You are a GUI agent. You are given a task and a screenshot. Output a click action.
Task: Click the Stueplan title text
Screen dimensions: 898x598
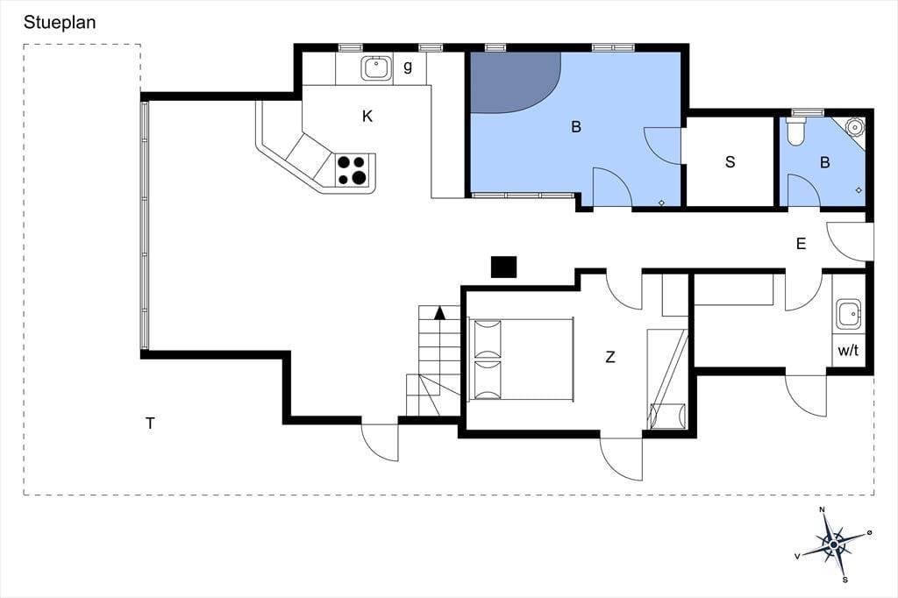tap(60, 23)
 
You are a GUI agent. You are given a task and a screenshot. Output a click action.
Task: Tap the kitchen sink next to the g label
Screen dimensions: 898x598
tap(375, 68)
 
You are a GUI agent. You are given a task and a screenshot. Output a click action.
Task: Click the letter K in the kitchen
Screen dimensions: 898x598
tap(367, 117)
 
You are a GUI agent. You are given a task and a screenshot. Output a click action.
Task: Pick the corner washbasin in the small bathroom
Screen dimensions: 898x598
tap(854, 127)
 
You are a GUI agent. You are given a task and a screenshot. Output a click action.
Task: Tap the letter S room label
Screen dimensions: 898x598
tap(730, 162)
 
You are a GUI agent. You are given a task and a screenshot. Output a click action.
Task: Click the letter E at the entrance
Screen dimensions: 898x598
tap(802, 244)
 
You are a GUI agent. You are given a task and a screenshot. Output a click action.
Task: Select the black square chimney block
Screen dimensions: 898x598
tap(504, 267)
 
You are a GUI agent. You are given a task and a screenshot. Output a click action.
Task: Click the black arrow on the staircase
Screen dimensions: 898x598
tap(439, 313)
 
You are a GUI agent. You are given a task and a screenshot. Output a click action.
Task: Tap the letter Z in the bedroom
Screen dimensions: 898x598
tap(610, 358)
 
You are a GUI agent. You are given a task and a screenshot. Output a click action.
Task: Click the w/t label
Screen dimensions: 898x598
tap(848, 351)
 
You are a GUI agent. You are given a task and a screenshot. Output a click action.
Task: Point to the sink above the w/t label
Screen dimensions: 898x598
tap(848, 314)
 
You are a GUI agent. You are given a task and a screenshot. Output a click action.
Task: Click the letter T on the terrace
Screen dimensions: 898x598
tap(150, 424)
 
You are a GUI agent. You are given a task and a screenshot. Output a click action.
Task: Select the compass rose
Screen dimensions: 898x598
tap(835, 543)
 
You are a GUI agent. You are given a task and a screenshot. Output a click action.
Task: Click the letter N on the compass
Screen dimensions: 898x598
tap(822, 509)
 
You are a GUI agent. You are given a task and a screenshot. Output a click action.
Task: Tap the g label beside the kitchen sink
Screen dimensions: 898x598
tap(408, 67)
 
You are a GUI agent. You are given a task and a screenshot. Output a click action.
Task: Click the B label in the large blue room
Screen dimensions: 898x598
tap(576, 126)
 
